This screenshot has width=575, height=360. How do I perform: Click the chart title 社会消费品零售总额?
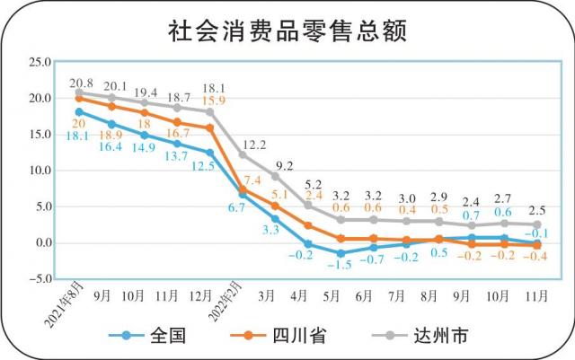(287, 31)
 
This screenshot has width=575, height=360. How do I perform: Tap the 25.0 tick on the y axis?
(40, 62)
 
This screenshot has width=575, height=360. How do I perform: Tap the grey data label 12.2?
(254, 144)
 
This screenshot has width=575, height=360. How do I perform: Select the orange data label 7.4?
(253, 181)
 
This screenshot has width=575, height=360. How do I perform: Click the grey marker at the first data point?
(79, 92)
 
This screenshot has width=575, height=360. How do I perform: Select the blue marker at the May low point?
(341, 254)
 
